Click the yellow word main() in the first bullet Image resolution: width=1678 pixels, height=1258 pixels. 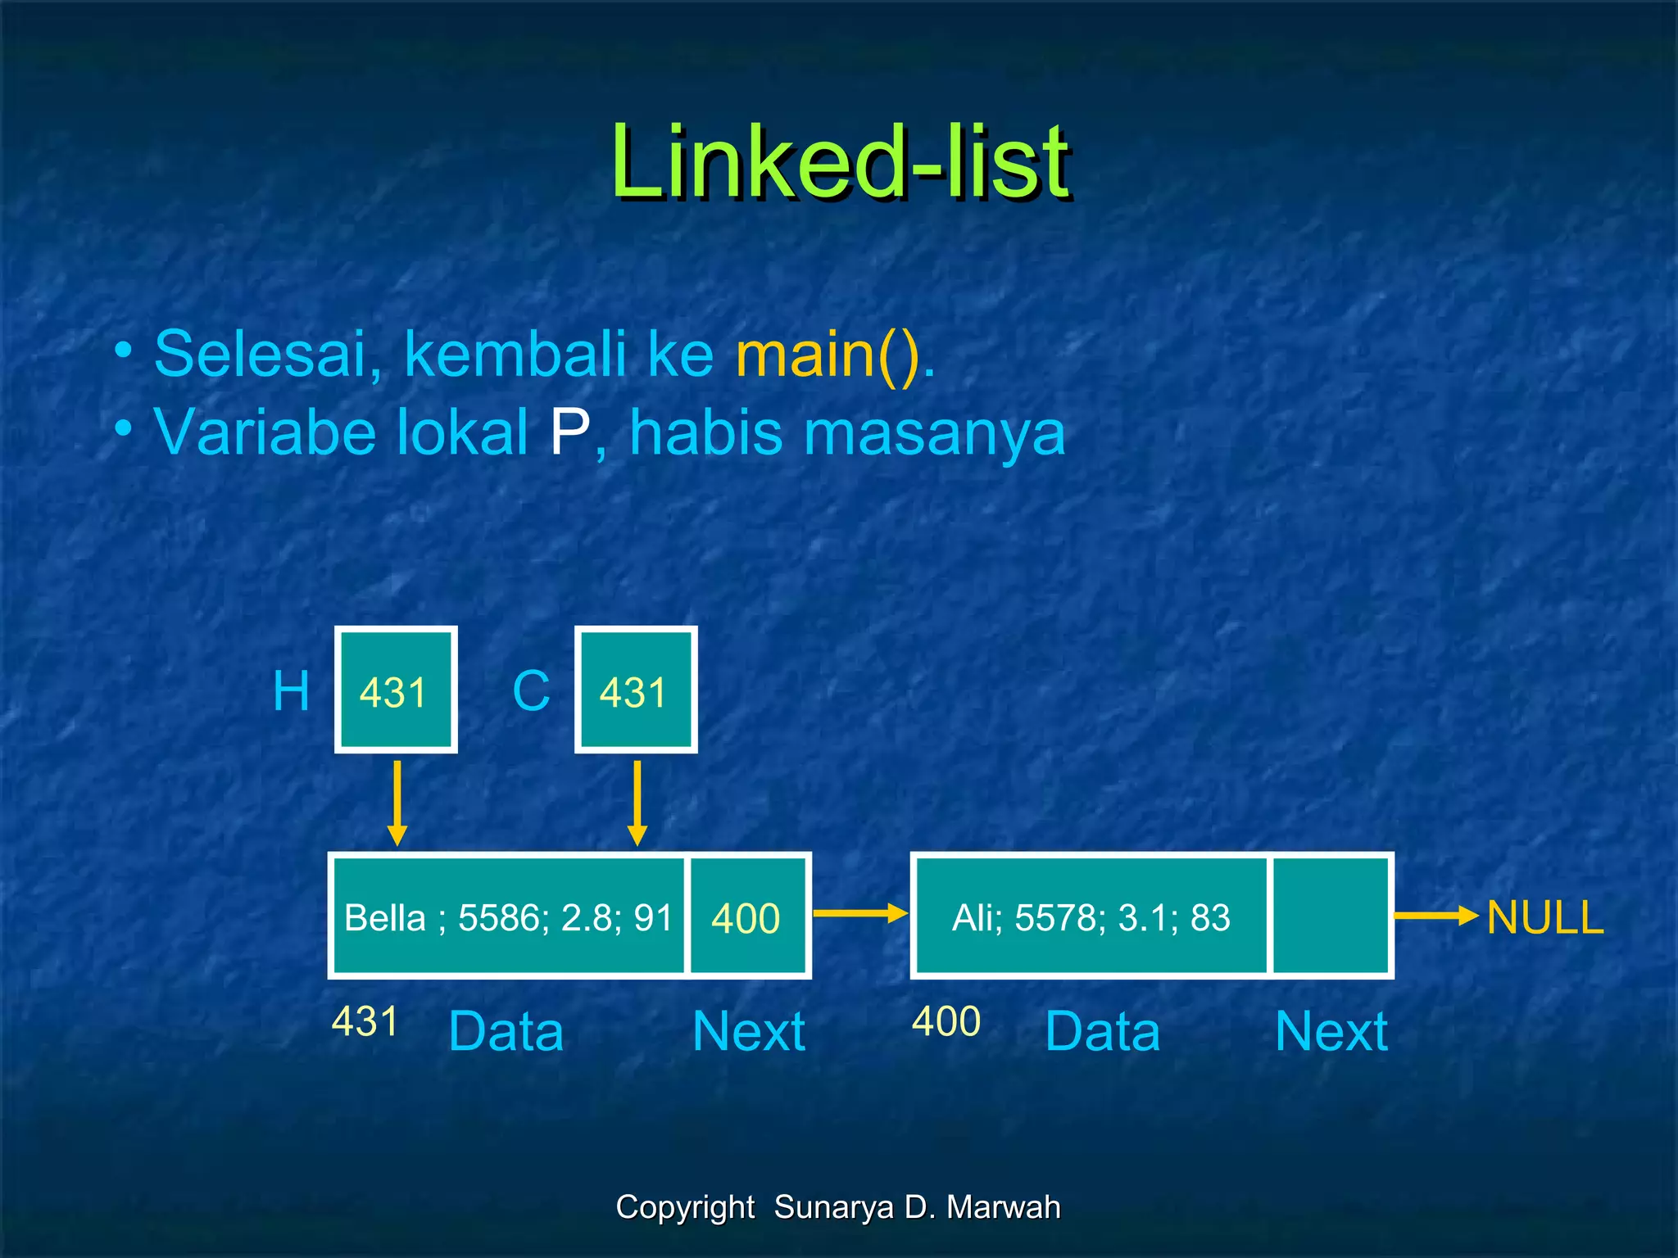[834, 354]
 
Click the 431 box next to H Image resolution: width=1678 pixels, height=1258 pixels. [396, 690]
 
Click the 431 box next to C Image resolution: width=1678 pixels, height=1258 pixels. [636, 690]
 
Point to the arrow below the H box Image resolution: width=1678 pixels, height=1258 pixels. [397, 803]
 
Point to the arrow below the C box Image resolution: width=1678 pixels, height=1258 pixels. [637, 803]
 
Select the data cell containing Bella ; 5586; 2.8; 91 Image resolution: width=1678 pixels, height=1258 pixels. [508, 916]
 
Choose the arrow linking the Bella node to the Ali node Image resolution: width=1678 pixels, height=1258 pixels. [859, 914]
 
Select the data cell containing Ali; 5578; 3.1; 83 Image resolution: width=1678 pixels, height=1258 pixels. [1091, 916]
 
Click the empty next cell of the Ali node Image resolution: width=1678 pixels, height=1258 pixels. [1330, 916]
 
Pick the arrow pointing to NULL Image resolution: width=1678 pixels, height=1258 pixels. [1435, 916]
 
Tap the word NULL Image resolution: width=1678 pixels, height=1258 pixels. [1544, 917]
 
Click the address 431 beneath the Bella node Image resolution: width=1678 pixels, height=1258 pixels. [365, 1021]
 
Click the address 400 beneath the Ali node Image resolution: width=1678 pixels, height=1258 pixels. [946, 1021]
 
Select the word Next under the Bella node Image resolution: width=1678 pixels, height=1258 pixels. [749, 1031]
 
